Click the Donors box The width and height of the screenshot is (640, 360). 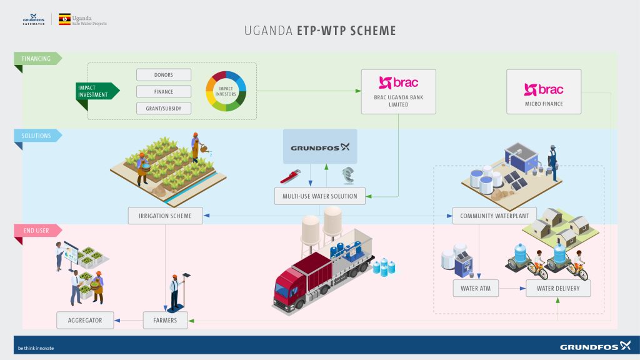pos(164,75)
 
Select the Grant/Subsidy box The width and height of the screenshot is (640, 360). pos(164,108)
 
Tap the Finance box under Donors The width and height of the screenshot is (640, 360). pos(164,92)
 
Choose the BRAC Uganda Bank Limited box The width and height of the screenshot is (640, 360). pos(398,91)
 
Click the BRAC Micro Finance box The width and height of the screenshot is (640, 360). pos(543,91)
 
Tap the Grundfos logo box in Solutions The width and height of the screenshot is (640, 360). pos(319,147)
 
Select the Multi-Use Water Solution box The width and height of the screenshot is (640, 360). pos(319,196)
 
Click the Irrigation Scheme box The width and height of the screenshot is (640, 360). pos(165,216)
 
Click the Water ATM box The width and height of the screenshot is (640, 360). pos(478,288)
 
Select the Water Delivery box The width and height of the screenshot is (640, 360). pos(558,288)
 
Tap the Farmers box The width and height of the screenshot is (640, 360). pos(165,321)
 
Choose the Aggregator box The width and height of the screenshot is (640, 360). pos(88,321)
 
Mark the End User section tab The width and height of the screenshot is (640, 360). pos(36,231)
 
